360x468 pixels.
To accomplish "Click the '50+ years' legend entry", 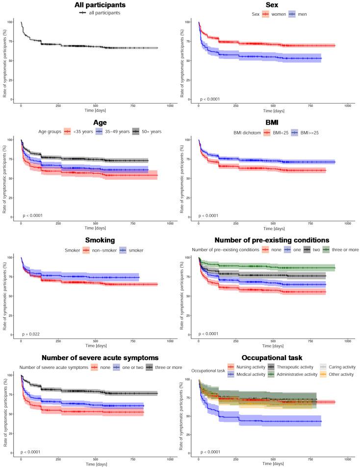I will click(x=149, y=131).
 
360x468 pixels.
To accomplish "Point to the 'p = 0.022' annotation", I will click(x=30, y=334).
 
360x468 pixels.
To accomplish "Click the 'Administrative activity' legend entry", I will click(x=294, y=374).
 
